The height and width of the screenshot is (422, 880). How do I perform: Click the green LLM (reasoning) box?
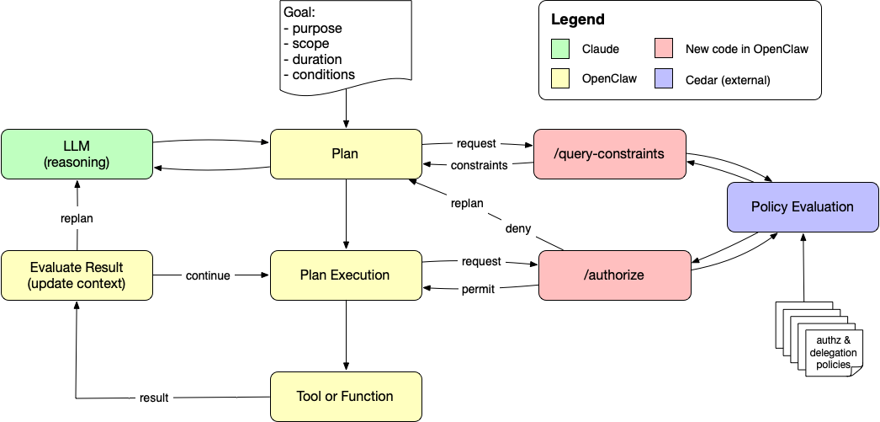(77, 153)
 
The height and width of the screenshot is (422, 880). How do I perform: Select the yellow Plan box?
(345, 153)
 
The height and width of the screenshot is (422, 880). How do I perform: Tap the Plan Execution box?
(345, 275)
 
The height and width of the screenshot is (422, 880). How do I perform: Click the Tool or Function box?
(345, 396)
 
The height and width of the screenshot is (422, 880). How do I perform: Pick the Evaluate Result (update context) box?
(77, 275)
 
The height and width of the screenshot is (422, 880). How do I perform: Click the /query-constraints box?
(610, 153)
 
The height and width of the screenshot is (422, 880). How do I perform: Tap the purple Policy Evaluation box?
(802, 206)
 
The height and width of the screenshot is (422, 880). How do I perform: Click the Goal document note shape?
(345, 45)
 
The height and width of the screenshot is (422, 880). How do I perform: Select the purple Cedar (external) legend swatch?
(664, 80)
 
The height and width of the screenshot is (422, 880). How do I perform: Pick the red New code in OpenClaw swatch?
(664, 49)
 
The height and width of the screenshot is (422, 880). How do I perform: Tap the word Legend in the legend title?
(577, 19)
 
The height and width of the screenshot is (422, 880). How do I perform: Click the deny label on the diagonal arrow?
(517, 228)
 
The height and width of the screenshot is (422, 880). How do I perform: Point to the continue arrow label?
(208, 275)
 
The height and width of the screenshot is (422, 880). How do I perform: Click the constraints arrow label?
(478, 165)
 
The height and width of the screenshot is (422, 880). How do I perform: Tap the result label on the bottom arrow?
(154, 398)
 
